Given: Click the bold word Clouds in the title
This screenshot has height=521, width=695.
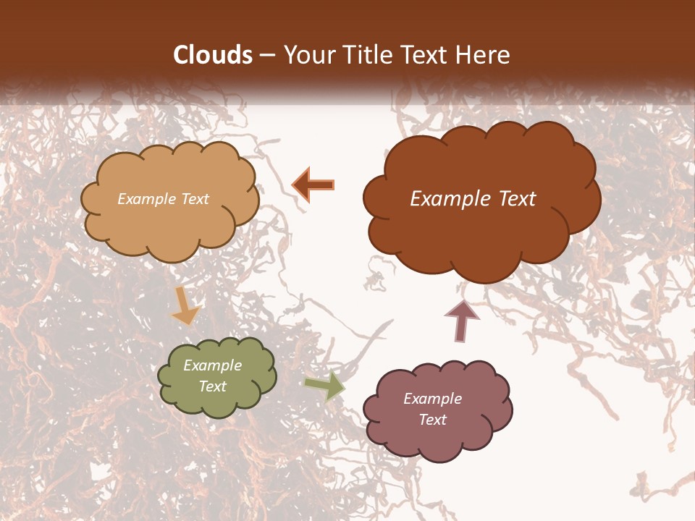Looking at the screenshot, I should tap(213, 55).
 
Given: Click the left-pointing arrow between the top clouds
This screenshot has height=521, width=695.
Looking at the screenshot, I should tap(314, 185).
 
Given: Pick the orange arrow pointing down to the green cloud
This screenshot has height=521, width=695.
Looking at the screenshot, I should tap(185, 306).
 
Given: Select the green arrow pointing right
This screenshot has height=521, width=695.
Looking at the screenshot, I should tap(324, 386).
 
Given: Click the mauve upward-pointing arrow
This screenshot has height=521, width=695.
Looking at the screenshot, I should tap(461, 319).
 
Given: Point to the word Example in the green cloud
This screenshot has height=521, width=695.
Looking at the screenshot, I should tap(212, 365).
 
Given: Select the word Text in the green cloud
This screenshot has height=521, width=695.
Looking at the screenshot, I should tap(212, 386).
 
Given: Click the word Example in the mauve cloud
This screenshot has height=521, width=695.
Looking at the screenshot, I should tap(432, 399).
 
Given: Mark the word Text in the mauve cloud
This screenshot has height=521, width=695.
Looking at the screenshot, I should tap(432, 420).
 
